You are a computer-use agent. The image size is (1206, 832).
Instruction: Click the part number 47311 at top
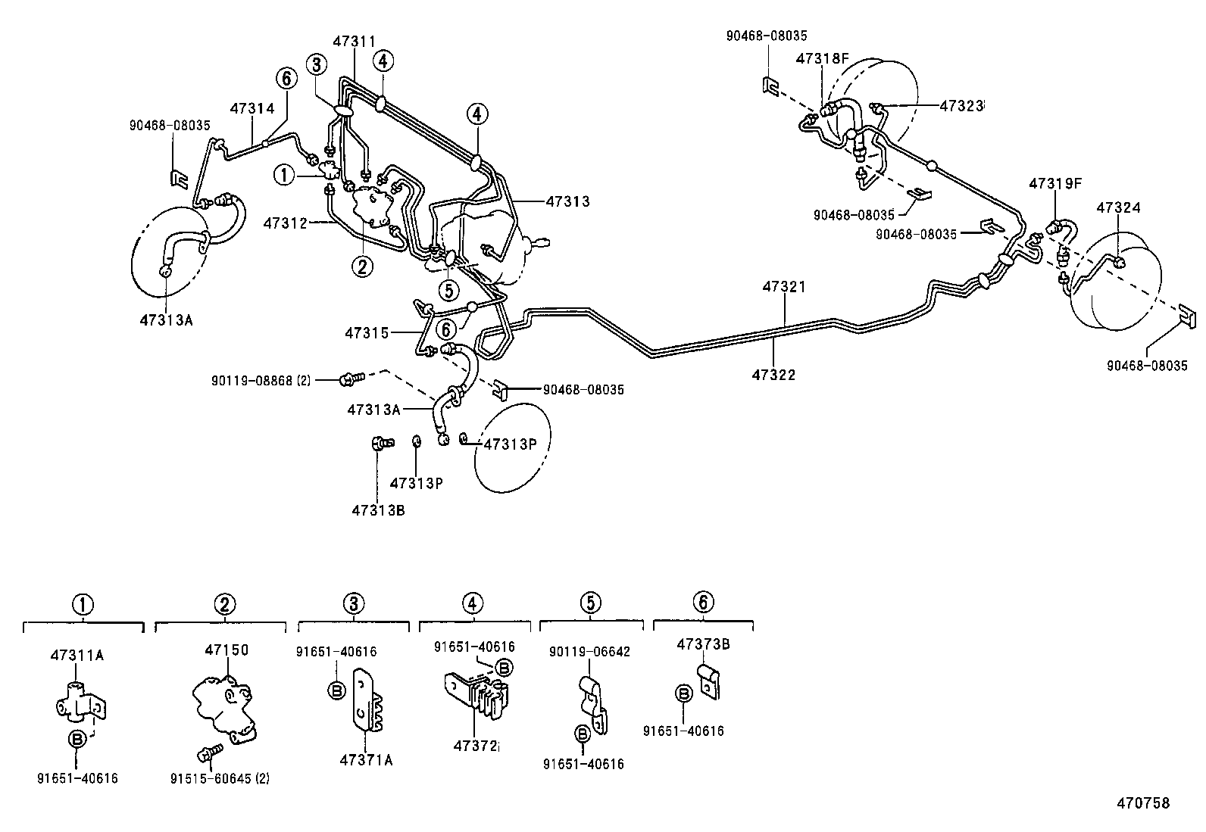[x=355, y=42]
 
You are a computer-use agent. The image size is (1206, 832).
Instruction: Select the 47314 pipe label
[x=252, y=109]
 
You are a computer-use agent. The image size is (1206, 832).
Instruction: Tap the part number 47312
[x=285, y=223]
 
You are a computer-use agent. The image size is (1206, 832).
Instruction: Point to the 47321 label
[x=784, y=287]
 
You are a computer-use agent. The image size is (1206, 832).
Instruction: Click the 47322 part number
[x=773, y=375]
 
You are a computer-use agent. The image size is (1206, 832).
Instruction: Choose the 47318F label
[x=822, y=58]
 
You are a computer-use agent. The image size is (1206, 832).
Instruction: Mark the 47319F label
[x=1055, y=183]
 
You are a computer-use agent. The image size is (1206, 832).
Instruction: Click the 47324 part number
[x=1119, y=207]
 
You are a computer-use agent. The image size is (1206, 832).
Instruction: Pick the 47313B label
[x=378, y=510]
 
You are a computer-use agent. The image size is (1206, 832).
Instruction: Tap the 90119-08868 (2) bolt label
[x=261, y=381]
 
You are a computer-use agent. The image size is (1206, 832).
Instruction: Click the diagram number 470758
[x=1144, y=803]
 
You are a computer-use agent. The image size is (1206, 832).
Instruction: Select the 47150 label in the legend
[x=227, y=650]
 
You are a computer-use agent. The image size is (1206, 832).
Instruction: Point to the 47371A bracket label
[x=366, y=760]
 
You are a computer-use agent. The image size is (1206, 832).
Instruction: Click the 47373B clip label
[x=703, y=644]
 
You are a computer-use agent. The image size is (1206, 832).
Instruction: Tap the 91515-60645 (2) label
[x=220, y=779]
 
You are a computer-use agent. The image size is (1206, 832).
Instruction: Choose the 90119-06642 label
[x=589, y=652]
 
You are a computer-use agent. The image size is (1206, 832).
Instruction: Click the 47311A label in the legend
[x=77, y=655]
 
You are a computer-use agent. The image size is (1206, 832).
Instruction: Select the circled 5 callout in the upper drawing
[x=448, y=291]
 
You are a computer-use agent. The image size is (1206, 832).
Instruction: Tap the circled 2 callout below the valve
[x=362, y=266]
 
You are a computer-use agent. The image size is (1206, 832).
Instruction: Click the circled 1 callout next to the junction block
[x=284, y=175]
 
